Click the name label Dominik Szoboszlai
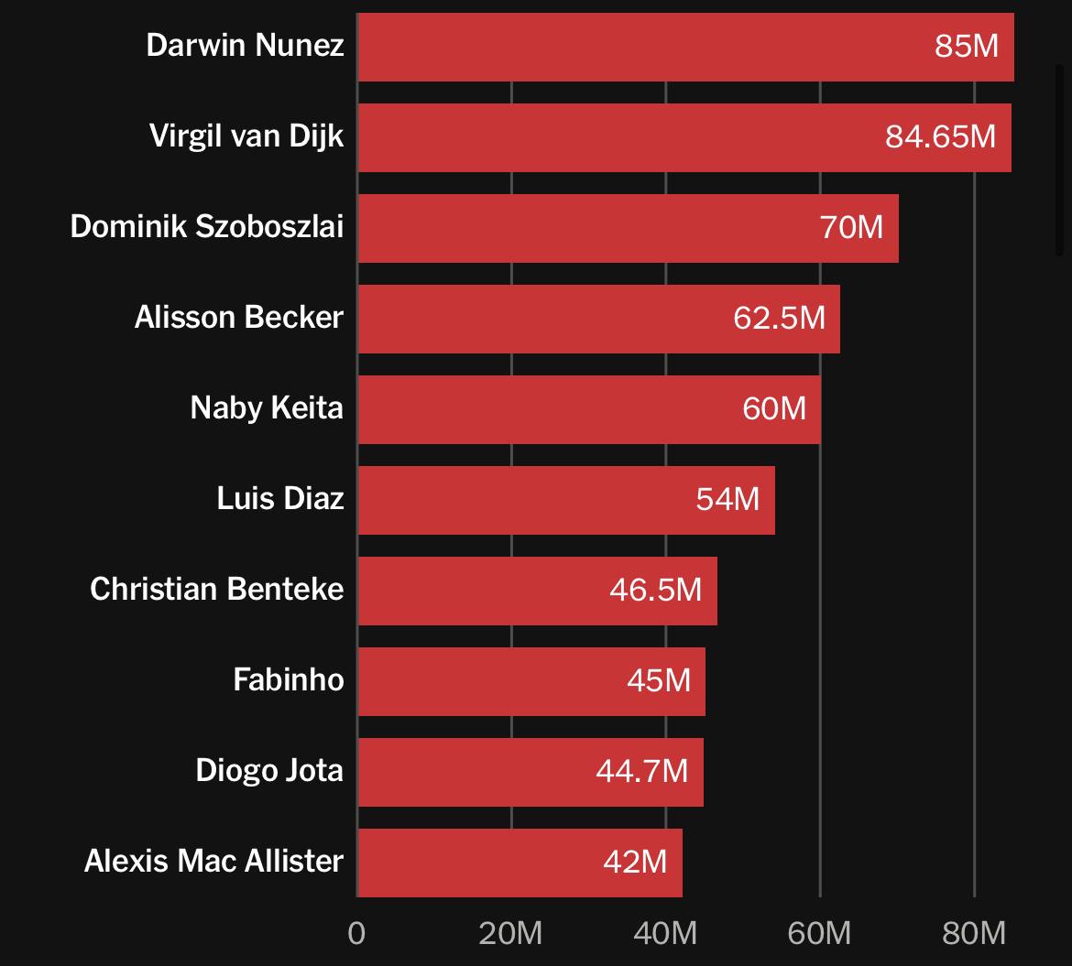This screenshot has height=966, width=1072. (x=207, y=226)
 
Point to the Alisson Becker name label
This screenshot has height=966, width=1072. (x=239, y=317)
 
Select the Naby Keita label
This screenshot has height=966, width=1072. (x=267, y=407)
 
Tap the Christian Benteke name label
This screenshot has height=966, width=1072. (x=217, y=589)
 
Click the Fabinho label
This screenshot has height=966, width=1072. (x=289, y=679)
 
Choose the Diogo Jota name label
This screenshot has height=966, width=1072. (x=269, y=770)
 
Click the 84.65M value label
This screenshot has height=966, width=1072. (x=940, y=137)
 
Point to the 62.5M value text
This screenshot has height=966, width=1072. (x=779, y=318)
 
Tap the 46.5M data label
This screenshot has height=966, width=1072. (x=655, y=590)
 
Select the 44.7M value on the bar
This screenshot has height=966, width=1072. (x=641, y=771)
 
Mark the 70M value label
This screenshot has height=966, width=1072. (x=851, y=227)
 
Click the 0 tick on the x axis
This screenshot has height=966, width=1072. (x=356, y=933)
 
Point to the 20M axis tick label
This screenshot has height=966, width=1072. (x=510, y=933)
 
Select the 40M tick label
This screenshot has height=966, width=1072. (x=665, y=933)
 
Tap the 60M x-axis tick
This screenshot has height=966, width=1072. (x=819, y=933)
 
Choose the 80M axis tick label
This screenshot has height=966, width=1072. (x=973, y=933)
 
